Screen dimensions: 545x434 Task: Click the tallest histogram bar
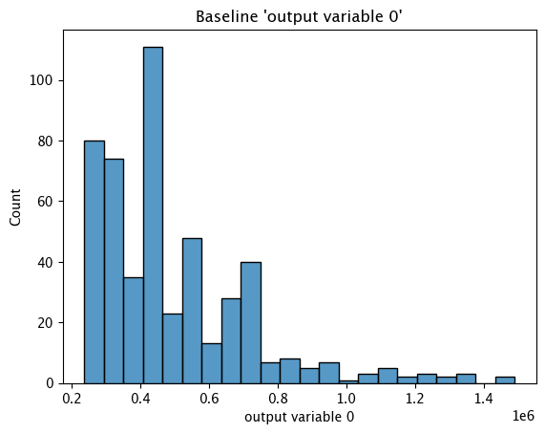tap(153, 215)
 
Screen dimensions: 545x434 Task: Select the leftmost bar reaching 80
tap(94, 262)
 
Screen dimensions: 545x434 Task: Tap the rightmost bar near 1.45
tap(505, 380)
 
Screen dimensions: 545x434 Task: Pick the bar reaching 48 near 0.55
tap(192, 311)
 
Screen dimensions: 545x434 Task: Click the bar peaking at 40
tap(251, 322)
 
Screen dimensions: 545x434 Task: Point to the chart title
tap(300, 16)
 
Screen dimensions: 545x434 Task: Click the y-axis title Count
tap(15, 207)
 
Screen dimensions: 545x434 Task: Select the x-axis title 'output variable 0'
tap(300, 417)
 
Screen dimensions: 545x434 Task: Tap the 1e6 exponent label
tap(523, 416)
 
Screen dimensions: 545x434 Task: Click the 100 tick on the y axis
tap(41, 80)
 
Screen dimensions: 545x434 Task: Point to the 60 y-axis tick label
tap(45, 202)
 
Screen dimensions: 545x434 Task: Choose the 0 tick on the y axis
tap(50, 383)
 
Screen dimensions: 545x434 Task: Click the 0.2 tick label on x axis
tap(72, 399)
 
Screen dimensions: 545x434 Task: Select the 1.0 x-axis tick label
tap(346, 399)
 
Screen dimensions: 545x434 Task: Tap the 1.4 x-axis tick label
tap(484, 399)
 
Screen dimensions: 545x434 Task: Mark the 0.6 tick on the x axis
tap(209, 399)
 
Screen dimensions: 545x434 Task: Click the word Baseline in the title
tap(226, 16)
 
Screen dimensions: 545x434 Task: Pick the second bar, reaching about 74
tap(114, 271)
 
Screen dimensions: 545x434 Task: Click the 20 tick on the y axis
tap(45, 322)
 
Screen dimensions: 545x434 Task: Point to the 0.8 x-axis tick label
tap(278, 399)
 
